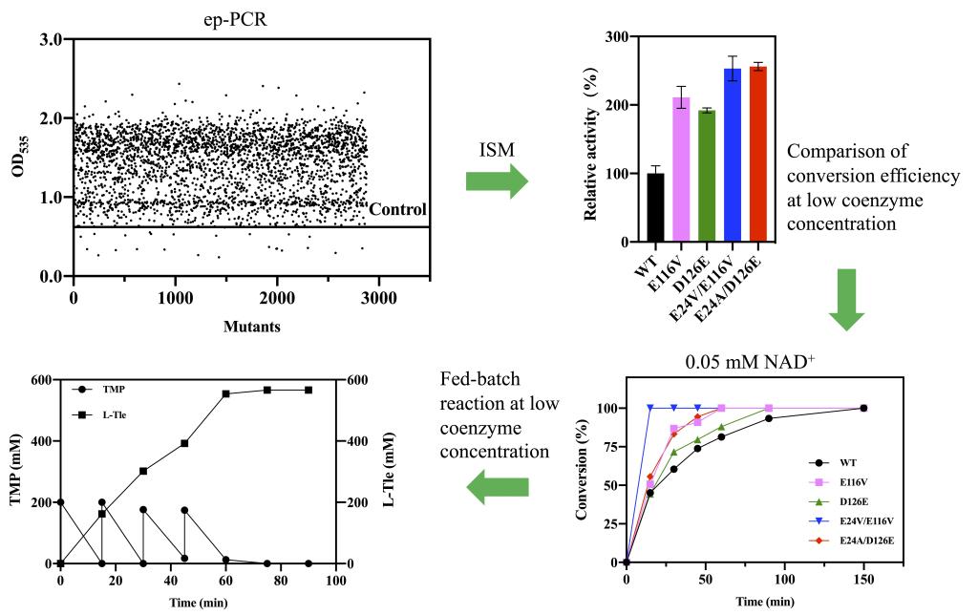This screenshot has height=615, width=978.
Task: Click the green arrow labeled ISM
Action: (497, 179)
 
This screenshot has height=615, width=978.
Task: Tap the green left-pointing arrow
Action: (497, 489)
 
